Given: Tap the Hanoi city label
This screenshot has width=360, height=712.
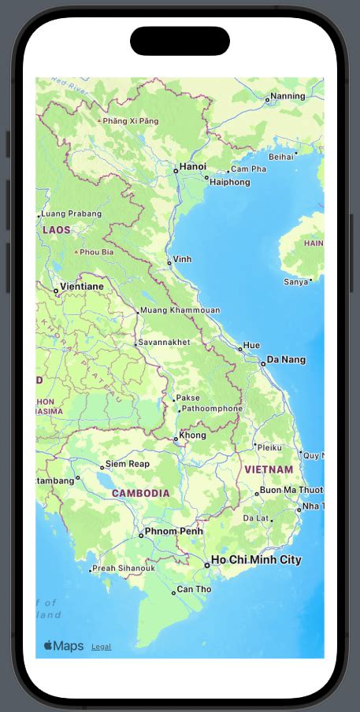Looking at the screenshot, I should (x=192, y=166).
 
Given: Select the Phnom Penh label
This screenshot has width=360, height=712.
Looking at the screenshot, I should (x=175, y=532).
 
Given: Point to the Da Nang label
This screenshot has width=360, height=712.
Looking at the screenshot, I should (x=286, y=360).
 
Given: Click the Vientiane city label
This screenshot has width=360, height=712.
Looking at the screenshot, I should (x=82, y=287).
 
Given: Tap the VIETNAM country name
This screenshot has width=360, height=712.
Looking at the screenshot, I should (x=269, y=469).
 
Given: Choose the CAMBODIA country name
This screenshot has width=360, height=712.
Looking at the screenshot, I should (x=140, y=493).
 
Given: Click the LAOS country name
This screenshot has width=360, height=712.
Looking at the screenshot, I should (x=57, y=230).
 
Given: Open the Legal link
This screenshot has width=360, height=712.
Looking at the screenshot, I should (x=101, y=647).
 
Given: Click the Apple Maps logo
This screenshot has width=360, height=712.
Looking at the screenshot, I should (x=64, y=646).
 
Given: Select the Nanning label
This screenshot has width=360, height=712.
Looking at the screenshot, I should (x=287, y=97).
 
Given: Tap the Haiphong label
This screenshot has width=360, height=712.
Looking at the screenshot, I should (x=230, y=182).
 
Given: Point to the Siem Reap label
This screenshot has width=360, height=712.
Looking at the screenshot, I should (x=127, y=464).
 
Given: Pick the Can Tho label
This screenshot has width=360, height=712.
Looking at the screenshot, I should (x=194, y=589).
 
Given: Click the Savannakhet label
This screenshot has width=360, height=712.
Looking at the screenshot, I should (x=164, y=343).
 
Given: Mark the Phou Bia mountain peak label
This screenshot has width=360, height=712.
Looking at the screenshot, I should (x=96, y=252).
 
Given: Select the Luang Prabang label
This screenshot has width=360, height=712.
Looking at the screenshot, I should (x=71, y=213).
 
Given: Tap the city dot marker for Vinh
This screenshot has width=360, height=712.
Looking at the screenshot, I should (x=169, y=263).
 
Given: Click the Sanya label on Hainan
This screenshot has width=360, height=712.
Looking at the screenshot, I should (x=295, y=281).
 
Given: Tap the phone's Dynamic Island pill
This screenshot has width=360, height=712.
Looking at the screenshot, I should (x=180, y=41).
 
